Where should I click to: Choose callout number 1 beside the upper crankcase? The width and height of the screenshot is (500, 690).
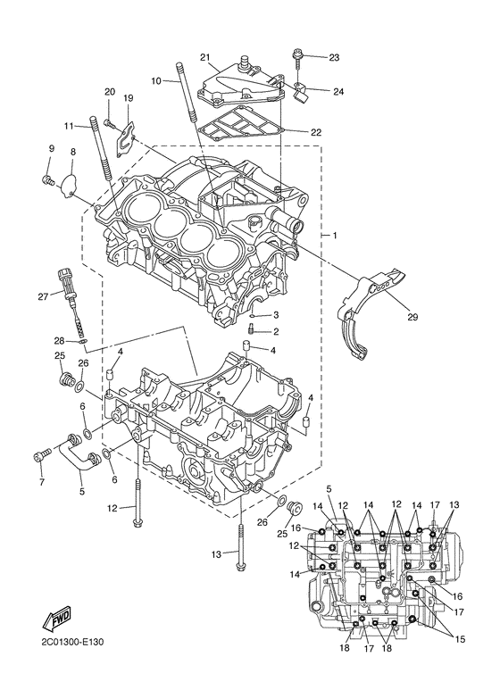pyautogui.click(x=334, y=235)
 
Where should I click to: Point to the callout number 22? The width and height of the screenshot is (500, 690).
pyautogui.click(x=315, y=132)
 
